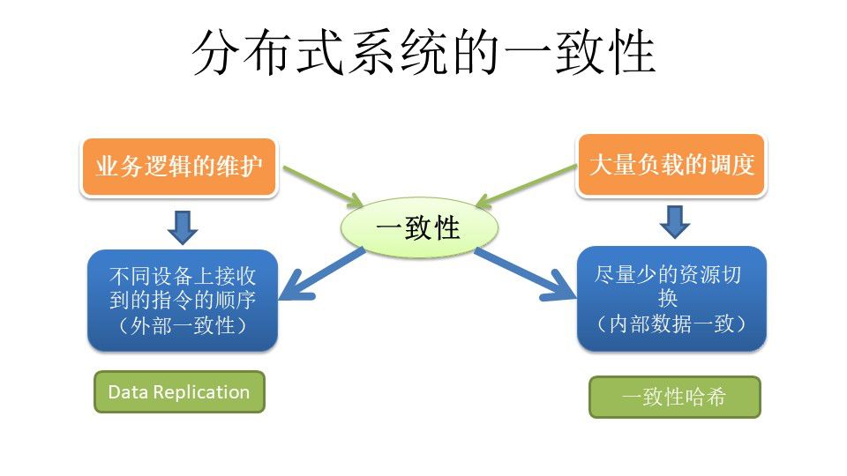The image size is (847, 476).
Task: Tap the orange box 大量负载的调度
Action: coord(671,165)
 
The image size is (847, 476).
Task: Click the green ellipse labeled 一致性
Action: coord(418,227)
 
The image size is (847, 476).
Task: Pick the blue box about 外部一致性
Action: coord(182,300)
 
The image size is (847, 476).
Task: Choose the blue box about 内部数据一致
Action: coord(671,299)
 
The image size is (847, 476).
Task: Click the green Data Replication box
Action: coord(179,392)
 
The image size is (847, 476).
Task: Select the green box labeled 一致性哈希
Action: coord(674,397)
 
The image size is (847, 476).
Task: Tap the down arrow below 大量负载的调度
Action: coord(674,221)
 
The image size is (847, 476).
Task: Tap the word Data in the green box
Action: coord(126,392)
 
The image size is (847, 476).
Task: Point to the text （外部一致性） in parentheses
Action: coord(182,324)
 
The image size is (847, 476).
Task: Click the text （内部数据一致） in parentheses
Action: coord(671,324)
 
